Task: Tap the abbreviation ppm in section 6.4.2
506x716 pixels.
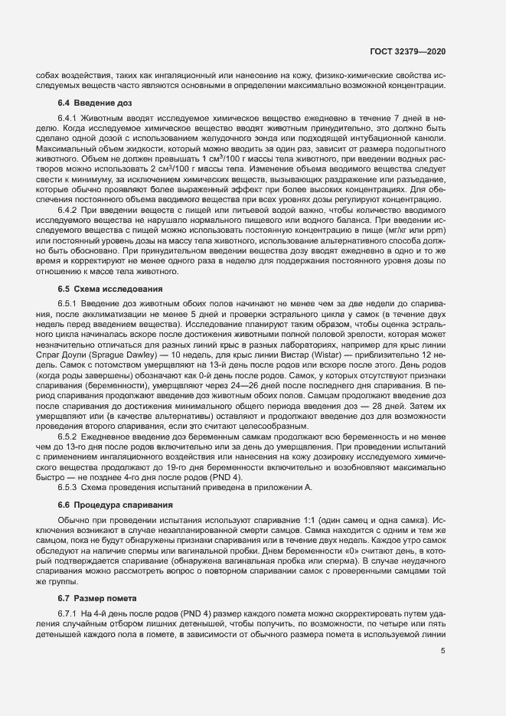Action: click(x=436, y=221)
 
